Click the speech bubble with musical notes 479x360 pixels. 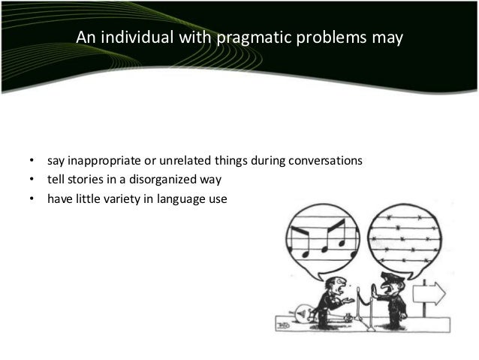321,233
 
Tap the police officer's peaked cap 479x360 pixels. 393,277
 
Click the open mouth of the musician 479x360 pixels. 343,289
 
